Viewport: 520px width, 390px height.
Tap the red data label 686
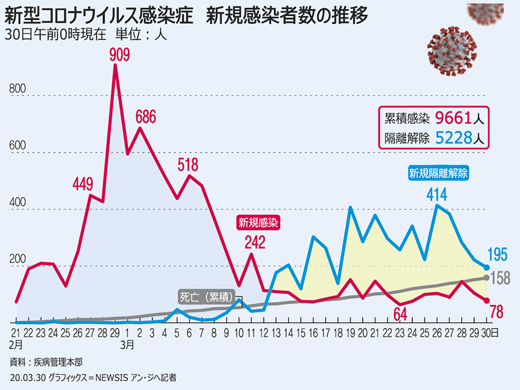pyautogui.click(x=146, y=117)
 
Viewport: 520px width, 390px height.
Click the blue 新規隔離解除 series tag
pyautogui.click(x=438, y=172)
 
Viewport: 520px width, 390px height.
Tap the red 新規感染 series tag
pyautogui.click(x=259, y=222)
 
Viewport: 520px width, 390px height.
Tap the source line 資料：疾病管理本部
pyautogui.click(x=46, y=362)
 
